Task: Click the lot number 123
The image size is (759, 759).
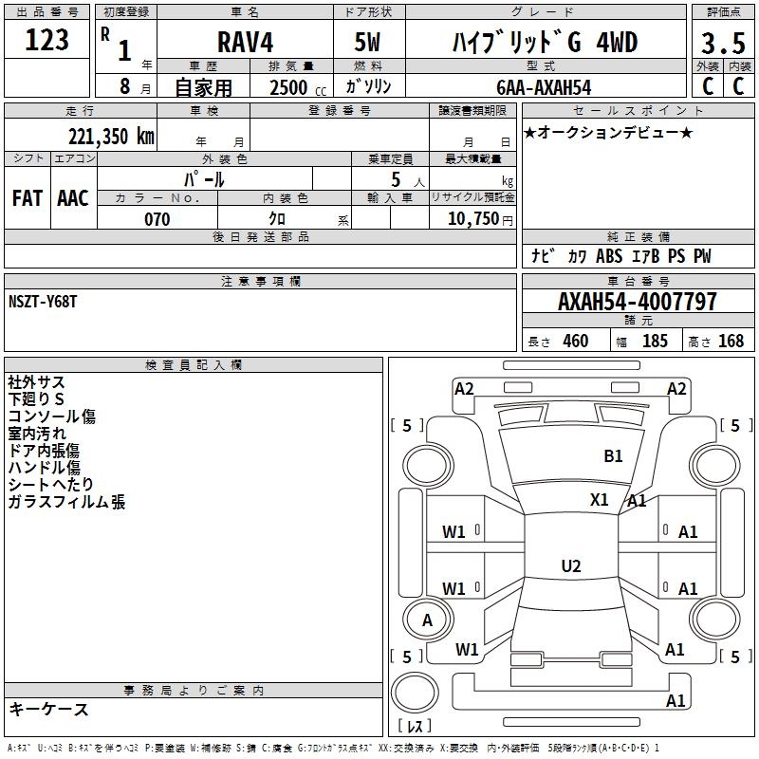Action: (x=47, y=41)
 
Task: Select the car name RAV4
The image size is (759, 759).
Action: (x=243, y=44)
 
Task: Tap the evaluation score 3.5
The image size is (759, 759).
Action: (x=723, y=44)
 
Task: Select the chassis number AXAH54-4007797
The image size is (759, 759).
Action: (x=638, y=302)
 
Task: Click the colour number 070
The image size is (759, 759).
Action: (x=157, y=219)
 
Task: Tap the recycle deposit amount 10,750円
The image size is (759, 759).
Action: (x=472, y=219)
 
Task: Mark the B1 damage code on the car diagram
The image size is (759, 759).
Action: (x=614, y=456)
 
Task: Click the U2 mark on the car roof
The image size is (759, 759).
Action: (x=570, y=566)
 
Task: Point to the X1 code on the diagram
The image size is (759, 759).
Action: (x=600, y=500)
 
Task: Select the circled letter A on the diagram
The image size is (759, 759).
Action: (x=427, y=620)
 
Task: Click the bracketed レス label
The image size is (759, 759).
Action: (x=415, y=727)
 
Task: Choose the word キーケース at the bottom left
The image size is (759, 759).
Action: (x=48, y=709)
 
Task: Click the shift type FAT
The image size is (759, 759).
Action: (x=27, y=197)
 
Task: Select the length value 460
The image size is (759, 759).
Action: (x=575, y=341)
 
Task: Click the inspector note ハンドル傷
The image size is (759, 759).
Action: (x=44, y=468)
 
